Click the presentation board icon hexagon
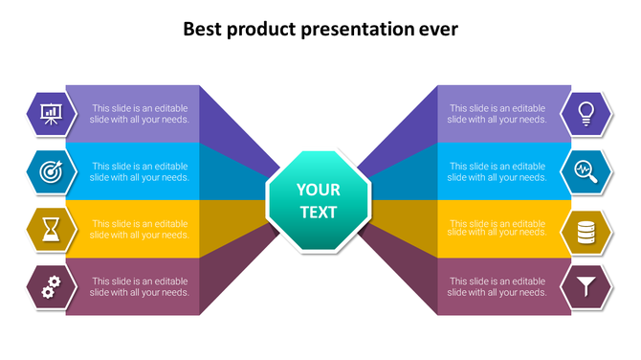[x=51, y=115]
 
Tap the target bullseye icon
[x=51, y=171]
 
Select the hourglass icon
[x=51, y=229]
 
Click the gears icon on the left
[x=51, y=285]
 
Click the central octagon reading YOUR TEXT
[x=318, y=200]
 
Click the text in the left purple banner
[x=140, y=114]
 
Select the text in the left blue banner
[x=140, y=171]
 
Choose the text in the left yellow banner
[x=140, y=229]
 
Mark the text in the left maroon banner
[x=140, y=286]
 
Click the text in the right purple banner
[x=497, y=114]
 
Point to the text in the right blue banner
[x=497, y=171]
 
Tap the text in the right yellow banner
[x=497, y=228]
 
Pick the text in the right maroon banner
[x=497, y=286]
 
